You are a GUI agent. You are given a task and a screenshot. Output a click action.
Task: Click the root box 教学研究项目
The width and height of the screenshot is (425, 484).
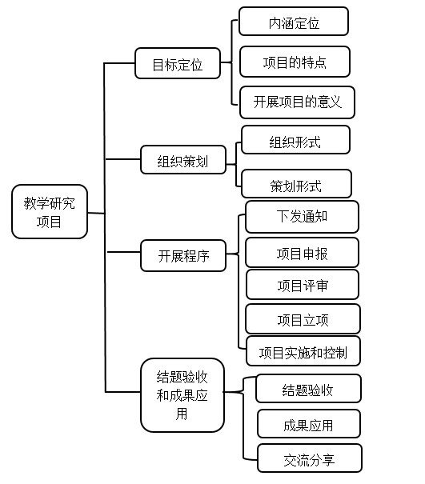point(50,212)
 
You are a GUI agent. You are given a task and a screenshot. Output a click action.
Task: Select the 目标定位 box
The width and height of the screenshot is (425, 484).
point(178,63)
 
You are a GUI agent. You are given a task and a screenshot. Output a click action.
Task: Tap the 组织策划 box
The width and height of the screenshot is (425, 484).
point(183,160)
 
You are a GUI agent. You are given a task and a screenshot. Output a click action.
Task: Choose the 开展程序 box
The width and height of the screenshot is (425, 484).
point(183,255)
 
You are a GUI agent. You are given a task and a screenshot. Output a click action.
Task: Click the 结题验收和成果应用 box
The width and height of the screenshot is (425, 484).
point(182,395)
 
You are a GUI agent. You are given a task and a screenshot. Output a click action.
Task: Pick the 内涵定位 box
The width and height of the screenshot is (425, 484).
point(294,22)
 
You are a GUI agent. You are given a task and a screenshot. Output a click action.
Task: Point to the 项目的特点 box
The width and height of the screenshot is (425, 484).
point(295,62)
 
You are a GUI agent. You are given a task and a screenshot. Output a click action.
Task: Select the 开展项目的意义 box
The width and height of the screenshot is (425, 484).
point(297,102)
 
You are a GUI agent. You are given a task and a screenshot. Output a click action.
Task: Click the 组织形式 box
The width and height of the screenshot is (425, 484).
point(295,139)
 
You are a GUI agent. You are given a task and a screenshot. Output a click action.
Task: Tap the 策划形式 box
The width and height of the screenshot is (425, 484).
point(296,184)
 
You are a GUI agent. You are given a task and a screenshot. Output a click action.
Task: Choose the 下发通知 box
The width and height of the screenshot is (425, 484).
point(302,217)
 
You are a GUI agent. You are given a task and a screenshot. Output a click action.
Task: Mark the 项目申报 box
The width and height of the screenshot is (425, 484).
point(302,253)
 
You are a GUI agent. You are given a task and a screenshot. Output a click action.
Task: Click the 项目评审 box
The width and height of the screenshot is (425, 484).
point(303,285)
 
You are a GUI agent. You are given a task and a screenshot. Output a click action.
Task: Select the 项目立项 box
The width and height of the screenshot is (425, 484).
point(303,319)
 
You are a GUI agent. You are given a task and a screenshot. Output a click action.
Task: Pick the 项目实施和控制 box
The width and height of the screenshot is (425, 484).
point(303,351)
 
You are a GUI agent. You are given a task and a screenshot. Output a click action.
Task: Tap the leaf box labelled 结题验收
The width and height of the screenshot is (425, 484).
point(308,389)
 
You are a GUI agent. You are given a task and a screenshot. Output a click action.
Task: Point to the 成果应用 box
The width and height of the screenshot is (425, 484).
point(309,423)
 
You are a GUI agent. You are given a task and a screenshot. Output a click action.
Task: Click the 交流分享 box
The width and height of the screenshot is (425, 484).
point(310,458)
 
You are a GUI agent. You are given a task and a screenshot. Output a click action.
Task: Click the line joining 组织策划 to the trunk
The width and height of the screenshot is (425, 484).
point(123,159)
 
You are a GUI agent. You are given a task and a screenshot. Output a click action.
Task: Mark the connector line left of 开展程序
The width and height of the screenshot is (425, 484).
point(123,252)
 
